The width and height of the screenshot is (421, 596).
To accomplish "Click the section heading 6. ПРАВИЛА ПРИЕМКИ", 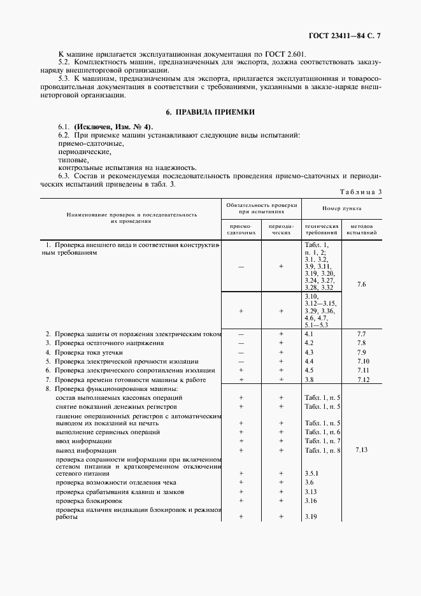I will pyautogui.click(x=210, y=112).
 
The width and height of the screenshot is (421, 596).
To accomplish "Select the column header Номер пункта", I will pyautogui.click(x=341, y=208).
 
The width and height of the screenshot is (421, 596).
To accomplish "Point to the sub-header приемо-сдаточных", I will pyautogui.click(x=241, y=229).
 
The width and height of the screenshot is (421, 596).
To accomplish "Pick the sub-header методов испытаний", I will pyautogui.click(x=361, y=229).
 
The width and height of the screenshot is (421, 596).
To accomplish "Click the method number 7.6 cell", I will pyautogui.click(x=361, y=284).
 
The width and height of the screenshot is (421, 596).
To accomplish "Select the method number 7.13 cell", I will pyautogui.click(x=361, y=450).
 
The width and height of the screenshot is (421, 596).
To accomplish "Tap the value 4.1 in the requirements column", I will pyautogui.click(x=310, y=334).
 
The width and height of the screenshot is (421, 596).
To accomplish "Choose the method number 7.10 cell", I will pyautogui.click(x=361, y=361).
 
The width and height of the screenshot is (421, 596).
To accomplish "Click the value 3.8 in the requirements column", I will pyautogui.click(x=310, y=380).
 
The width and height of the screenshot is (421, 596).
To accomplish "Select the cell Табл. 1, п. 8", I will pyautogui.click(x=323, y=450).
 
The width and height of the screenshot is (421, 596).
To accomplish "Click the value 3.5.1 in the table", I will pyautogui.click(x=311, y=474).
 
